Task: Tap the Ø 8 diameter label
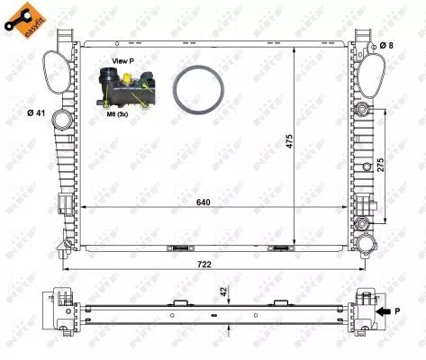coord(385,45)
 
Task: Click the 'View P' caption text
coord(122,61)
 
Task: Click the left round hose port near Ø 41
coord(62,119)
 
